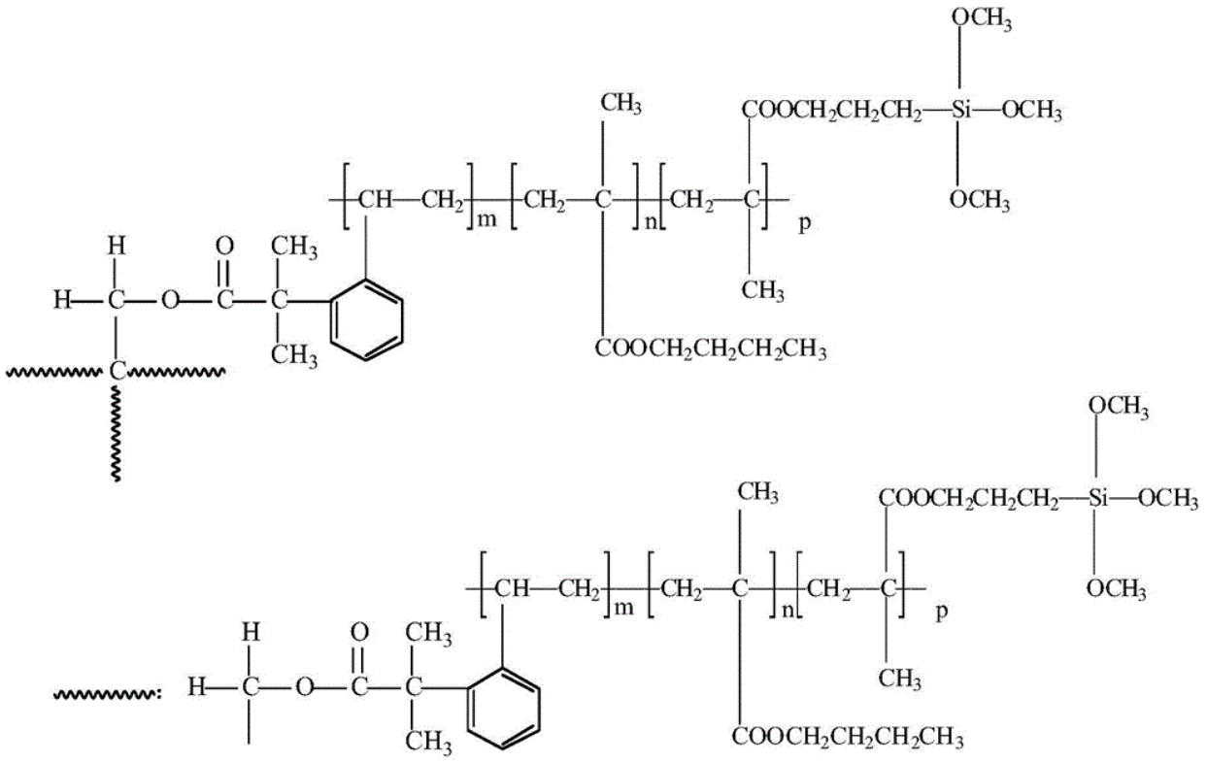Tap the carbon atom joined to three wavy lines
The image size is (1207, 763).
[117, 370]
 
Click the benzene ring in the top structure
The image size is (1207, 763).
[366, 320]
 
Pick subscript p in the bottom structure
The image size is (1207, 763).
[940, 614]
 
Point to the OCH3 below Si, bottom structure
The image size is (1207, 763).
[1116, 589]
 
